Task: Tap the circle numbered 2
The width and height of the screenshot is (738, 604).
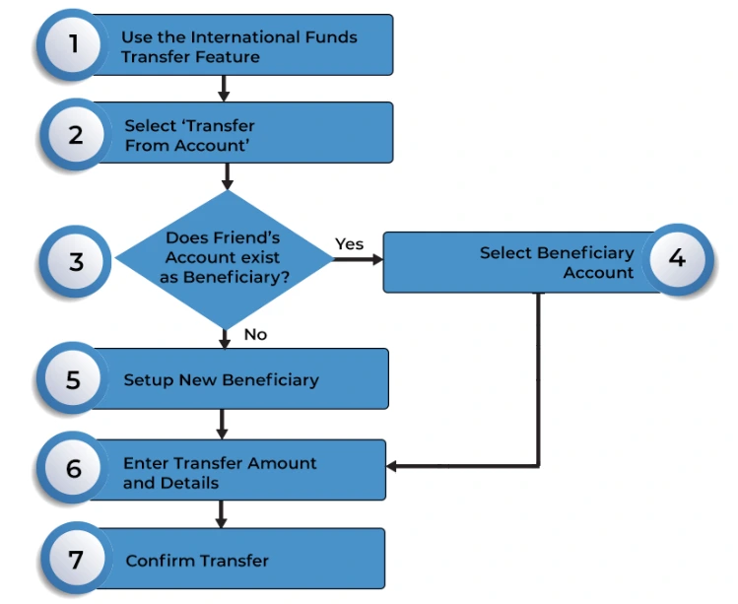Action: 75,134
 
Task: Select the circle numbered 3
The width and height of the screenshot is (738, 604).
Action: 75,262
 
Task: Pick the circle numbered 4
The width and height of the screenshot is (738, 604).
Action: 676,259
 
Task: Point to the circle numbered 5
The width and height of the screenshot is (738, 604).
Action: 73,379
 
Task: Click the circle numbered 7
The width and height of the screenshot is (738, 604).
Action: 75,560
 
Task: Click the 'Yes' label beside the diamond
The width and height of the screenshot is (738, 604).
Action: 349,243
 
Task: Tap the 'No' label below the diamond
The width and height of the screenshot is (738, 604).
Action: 255,334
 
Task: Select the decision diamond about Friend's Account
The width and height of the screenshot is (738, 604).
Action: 225,258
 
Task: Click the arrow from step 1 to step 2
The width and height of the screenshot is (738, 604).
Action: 224,89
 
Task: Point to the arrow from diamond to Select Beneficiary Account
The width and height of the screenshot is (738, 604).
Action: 359,260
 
